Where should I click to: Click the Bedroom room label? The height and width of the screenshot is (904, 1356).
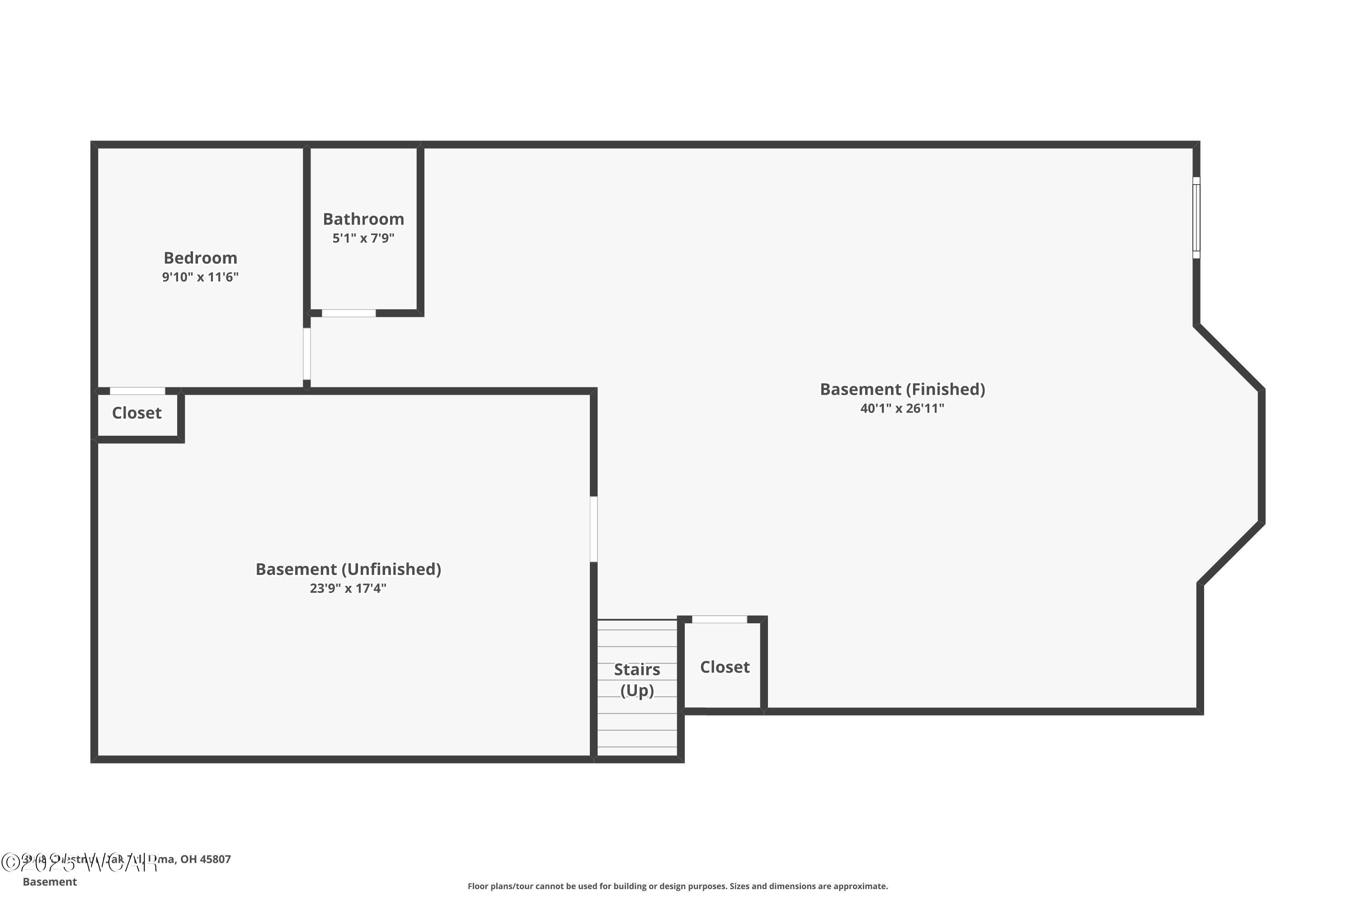[200, 258]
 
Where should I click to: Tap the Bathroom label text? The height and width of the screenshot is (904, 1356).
[363, 219]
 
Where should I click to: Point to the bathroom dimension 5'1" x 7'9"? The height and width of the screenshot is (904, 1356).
[363, 238]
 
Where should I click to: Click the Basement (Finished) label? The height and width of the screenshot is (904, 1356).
[902, 389]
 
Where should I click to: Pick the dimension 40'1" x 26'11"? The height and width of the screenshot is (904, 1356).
[902, 409]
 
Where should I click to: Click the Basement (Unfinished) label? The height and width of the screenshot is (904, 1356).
[348, 569]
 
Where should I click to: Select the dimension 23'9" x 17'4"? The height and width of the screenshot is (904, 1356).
[348, 589]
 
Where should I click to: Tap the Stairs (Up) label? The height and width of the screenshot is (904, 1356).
[637, 680]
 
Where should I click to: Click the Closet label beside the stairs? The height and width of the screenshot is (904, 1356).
[725, 667]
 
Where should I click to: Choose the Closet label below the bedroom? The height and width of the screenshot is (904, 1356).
[137, 413]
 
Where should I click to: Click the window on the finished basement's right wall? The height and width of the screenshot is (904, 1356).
[1196, 217]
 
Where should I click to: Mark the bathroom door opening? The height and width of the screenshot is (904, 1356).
[349, 313]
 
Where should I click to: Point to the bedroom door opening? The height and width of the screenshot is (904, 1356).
[307, 354]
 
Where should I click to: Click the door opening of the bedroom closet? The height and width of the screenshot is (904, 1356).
[137, 391]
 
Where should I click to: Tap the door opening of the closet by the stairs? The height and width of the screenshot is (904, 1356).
[719, 619]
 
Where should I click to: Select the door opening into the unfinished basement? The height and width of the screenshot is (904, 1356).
[594, 529]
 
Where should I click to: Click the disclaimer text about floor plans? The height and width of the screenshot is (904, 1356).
[678, 886]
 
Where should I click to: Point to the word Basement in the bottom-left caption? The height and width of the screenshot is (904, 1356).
[50, 881]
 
